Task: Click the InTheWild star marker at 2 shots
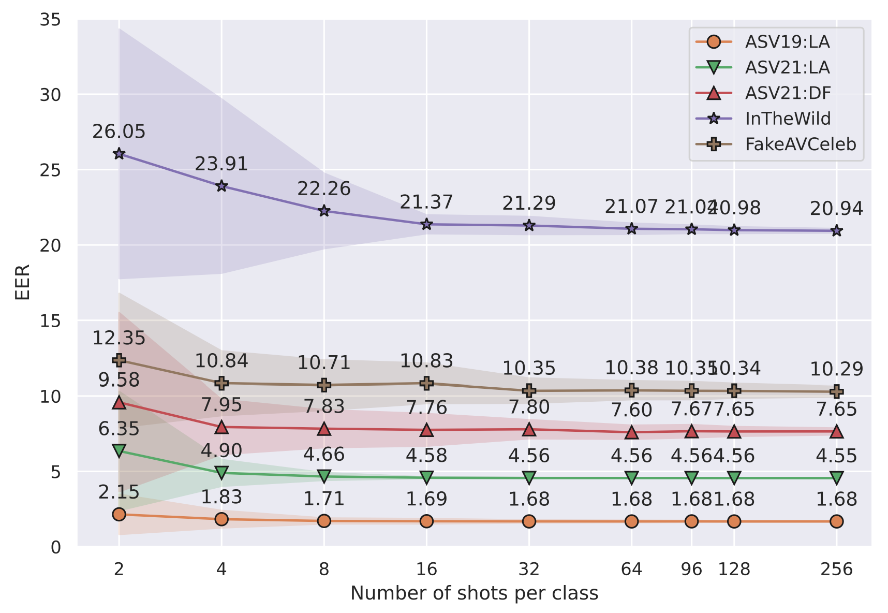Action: point(119,154)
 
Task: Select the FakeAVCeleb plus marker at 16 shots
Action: point(426,383)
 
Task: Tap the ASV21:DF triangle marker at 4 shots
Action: point(221,427)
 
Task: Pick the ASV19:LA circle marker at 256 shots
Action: point(836,521)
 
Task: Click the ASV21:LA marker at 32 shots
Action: point(529,477)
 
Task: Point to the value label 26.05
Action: point(119,132)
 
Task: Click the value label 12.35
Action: point(119,338)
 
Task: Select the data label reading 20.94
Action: point(836,209)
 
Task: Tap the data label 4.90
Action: point(221,451)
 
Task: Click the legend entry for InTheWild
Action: point(787,119)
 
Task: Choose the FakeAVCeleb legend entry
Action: point(800,144)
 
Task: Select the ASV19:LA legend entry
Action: point(787,42)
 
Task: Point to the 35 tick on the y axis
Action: point(50,20)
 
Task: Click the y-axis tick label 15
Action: point(50,321)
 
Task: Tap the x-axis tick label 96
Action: point(691,570)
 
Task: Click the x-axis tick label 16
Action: point(426,570)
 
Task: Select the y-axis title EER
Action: point(22,282)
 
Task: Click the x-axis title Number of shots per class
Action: point(474,593)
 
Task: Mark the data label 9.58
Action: point(119,380)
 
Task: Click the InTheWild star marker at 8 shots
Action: point(324,211)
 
